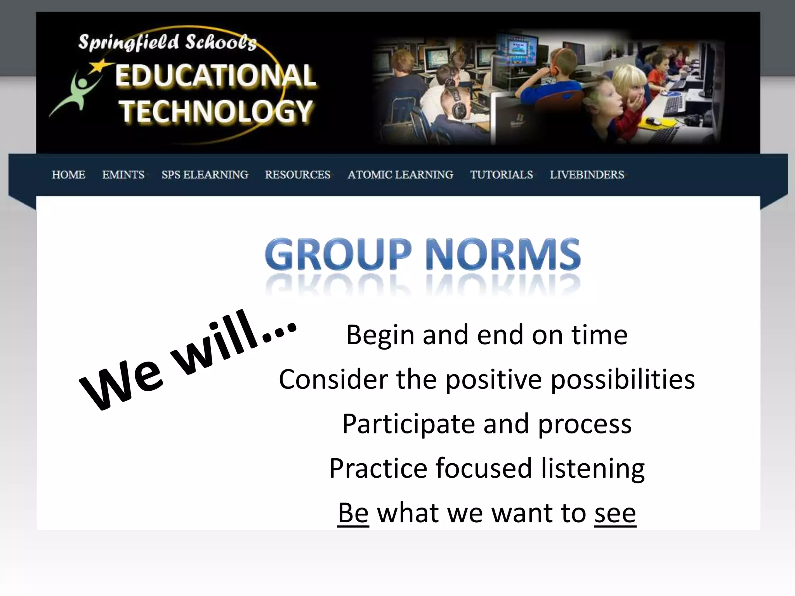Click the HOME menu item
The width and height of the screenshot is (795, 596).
(69, 175)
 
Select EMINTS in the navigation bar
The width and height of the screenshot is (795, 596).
(123, 175)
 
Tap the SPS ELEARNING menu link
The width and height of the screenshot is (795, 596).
(205, 175)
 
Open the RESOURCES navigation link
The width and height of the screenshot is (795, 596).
(298, 175)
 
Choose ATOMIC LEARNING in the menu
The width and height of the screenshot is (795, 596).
(401, 175)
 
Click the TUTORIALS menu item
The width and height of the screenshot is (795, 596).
(502, 175)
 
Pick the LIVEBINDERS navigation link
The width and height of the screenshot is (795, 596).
(587, 175)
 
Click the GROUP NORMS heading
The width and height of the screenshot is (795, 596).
(423, 254)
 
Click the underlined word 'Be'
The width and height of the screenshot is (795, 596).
(353, 513)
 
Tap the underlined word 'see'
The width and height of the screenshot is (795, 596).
(615, 513)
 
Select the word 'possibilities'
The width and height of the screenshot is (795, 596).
(623, 379)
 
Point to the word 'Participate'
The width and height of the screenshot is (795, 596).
(408, 424)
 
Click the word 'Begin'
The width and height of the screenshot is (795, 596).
(380, 335)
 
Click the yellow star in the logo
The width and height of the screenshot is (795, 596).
(101, 66)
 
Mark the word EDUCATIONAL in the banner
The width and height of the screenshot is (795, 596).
(215, 76)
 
